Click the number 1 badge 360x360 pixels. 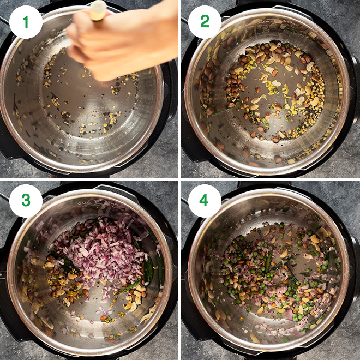26,22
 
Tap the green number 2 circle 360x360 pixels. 205,22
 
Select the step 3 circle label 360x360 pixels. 26,201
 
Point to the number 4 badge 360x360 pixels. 205,201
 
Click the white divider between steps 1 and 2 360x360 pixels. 179,89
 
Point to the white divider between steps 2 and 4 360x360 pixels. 271,179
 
